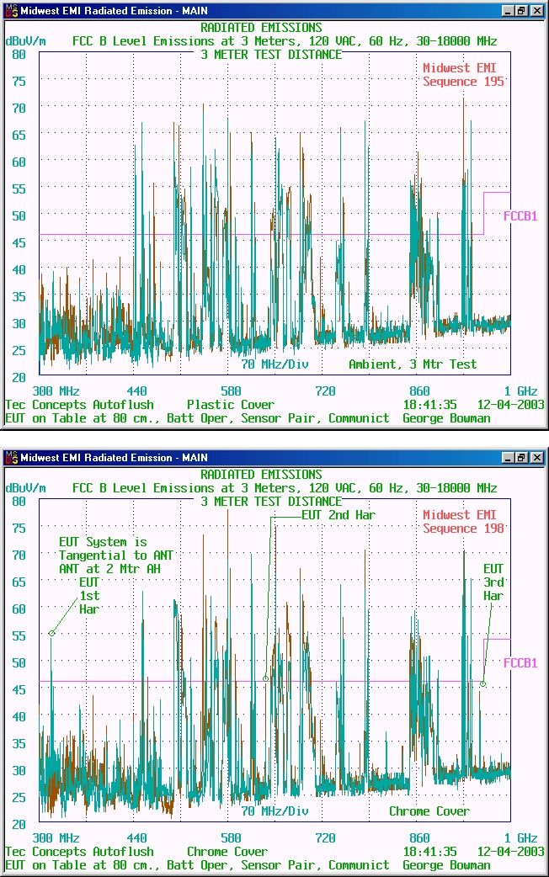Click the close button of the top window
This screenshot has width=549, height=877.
tap(537, 11)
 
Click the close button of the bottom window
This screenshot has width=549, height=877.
tap(537, 458)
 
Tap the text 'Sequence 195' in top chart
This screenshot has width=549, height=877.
tap(463, 82)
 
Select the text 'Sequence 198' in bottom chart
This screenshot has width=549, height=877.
tap(463, 529)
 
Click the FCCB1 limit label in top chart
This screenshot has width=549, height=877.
tap(520, 216)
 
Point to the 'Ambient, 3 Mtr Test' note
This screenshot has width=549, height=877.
tap(413, 364)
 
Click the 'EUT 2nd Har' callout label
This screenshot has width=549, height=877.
tap(338, 515)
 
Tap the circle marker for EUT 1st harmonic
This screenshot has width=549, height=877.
tap(51, 633)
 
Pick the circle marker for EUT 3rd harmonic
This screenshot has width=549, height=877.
tap(483, 684)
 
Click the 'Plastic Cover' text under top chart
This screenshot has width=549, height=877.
tap(231, 404)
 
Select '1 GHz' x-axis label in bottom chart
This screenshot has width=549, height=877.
tap(520, 837)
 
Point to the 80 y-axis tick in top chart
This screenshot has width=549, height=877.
tap(19, 54)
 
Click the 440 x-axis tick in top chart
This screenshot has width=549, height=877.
tap(136, 391)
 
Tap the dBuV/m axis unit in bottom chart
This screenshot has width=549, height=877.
tap(26, 488)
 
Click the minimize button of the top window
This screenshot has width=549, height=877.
tap(508, 11)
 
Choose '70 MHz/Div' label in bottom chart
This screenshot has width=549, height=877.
tap(274, 811)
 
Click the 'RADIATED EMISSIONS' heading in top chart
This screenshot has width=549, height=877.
tap(261, 28)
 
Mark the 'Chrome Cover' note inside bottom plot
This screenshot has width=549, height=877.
tap(429, 811)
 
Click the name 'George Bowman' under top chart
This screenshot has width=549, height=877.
tap(446, 418)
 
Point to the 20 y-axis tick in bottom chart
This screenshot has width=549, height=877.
tap(19, 825)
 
